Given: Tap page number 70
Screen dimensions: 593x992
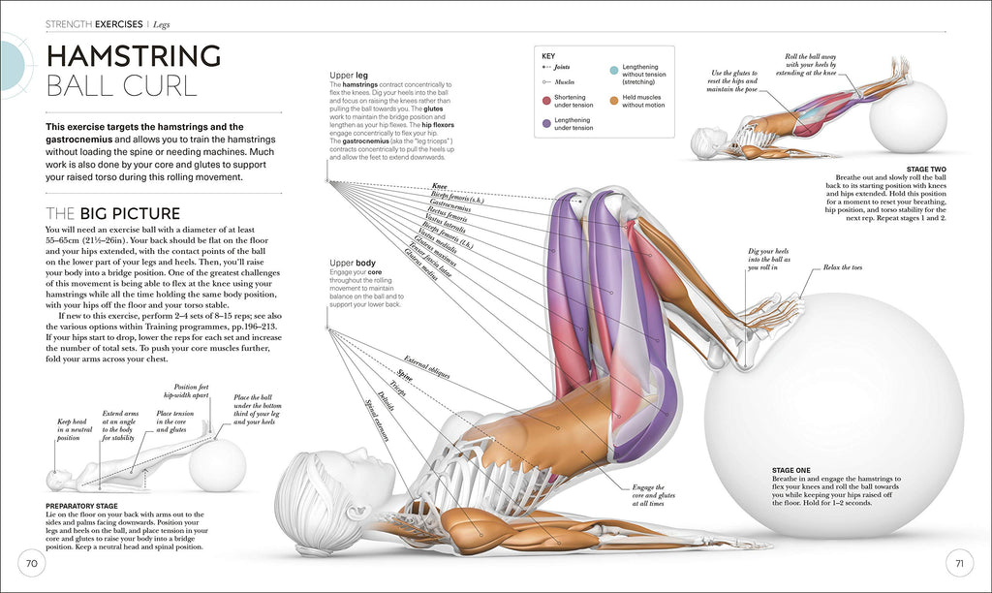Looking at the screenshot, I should pos(31,563).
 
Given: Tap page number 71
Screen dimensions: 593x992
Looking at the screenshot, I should pos(959,563).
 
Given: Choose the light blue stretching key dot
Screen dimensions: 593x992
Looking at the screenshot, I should pos(614,71).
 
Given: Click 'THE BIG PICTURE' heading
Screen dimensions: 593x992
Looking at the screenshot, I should pos(113,213).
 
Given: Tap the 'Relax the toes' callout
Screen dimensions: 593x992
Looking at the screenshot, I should pos(844,266).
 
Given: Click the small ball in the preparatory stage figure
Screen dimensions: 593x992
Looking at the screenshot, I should pos(217,464).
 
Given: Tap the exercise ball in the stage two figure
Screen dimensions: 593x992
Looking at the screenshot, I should pos(907,116).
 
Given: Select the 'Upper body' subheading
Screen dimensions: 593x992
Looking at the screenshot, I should pos(353,263).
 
